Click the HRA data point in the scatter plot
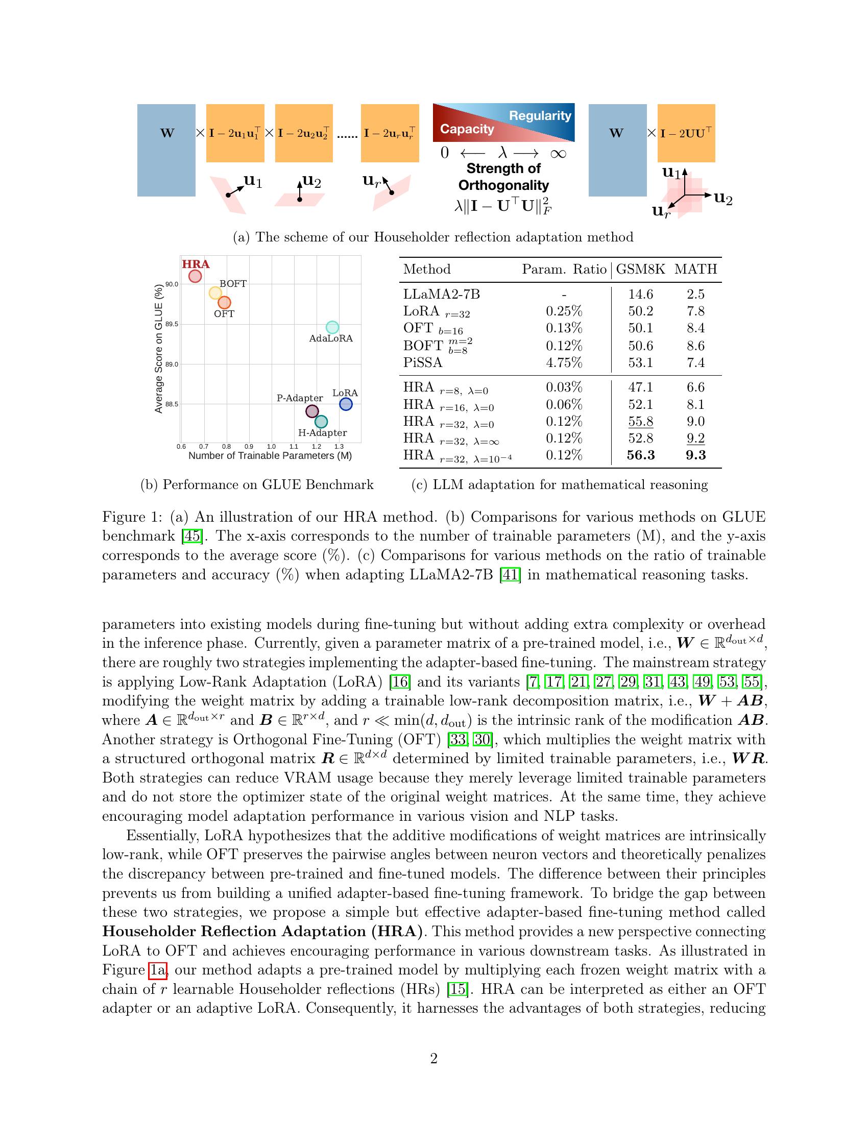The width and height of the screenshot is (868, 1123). [195, 276]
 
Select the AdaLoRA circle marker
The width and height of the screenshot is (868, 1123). [332, 327]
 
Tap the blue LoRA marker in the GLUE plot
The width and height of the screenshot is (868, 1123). [346, 404]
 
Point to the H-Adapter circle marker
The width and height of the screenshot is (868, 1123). [321, 422]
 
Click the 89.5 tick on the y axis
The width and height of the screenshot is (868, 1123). [171, 325]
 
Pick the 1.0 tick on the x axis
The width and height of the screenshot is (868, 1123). [271, 447]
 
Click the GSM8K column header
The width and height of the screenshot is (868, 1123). [640, 269]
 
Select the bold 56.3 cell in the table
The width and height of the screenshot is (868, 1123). [640, 455]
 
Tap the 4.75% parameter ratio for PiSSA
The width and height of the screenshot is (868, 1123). [564, 362]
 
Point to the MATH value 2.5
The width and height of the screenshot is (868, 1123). [695, 294]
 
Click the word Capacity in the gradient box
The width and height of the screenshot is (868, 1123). [466, 129]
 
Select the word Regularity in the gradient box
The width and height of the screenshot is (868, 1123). [540, 116]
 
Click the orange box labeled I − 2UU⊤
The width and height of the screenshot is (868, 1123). [686, 133]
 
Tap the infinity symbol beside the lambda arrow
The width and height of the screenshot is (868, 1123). [558, 153]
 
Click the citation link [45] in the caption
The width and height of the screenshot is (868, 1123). [191, 536]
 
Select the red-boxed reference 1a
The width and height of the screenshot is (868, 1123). [158, 970]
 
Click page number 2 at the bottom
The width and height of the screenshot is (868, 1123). [433, 1059]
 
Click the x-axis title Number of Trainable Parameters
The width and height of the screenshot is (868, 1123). [270, 455]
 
